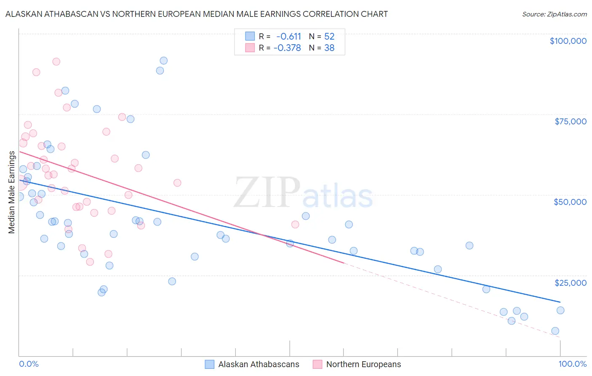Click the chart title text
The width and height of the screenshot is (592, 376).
(x=196, y=14)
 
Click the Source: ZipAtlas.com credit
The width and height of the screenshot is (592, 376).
(x=554, y=14)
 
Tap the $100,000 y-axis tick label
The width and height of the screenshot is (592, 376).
(x=568, y=41)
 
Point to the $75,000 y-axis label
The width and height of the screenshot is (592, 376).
(x=570, y=121)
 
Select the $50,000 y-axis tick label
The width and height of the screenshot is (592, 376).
(x=570, y=202)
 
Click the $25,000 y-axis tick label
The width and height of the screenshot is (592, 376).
(x=570, y=282)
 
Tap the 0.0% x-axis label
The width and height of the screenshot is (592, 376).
(x=29, y=364)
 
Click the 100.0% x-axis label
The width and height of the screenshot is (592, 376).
(x=572, y=364)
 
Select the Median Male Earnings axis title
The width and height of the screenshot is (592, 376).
(x=12, y=192)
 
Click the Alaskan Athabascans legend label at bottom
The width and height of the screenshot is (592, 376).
(x=259, y=364)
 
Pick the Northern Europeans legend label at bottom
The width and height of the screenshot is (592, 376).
(x=363, y=364)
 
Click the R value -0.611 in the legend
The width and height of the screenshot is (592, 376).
(x=288, y=37)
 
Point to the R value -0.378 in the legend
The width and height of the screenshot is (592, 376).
(x=287, y=48)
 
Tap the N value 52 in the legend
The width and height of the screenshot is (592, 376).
(x=329, y=37)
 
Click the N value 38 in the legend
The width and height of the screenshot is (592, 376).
(x=329, y=48)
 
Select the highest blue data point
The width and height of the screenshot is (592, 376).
(x=163, y=61)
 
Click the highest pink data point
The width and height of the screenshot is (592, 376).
(x=56, y=62)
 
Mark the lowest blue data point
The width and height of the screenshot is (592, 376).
(x=555, y=331)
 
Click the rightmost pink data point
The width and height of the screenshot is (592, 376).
(x=295, y=225)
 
